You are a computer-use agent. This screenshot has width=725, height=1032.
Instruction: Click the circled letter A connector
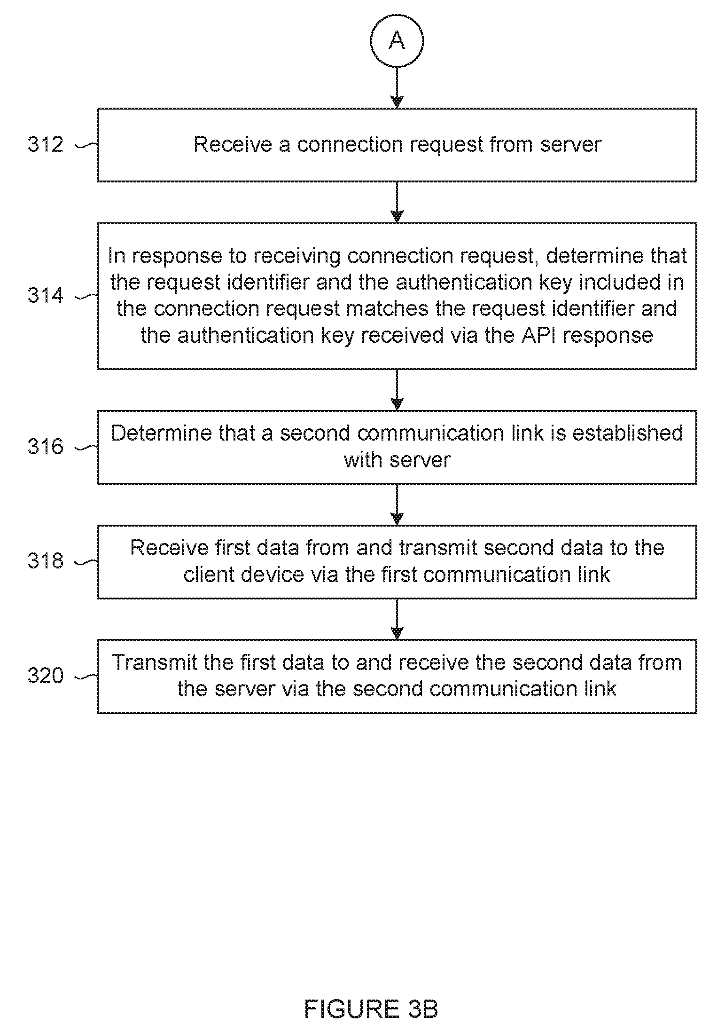pos(397,41)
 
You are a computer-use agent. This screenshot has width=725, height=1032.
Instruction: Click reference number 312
pos(45,144)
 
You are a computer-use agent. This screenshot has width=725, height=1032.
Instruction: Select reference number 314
pos(45,295)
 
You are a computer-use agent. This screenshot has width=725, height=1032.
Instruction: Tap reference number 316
pos(45,447)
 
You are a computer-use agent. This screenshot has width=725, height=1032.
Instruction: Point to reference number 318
pos(45,561)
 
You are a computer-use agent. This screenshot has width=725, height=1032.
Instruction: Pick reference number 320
pos(45,676)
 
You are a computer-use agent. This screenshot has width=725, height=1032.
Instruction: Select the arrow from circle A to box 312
pos(397,88)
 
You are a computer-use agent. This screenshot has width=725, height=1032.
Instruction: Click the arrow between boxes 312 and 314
pos(397,202)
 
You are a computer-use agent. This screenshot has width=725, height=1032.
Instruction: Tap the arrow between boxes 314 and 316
pos(397,390)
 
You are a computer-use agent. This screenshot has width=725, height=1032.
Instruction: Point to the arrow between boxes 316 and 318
pos(397,504)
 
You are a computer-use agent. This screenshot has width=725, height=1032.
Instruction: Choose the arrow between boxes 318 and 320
pos(397,619)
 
